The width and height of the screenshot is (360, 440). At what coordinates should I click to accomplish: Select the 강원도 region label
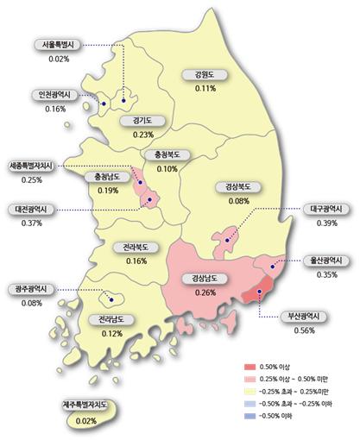coord(205,75)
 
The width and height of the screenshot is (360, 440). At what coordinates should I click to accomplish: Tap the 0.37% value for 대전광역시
coord(30,223)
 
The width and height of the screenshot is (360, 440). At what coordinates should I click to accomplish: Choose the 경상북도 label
coord(232,187)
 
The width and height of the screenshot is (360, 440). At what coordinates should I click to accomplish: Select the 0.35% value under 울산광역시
coord(327,274)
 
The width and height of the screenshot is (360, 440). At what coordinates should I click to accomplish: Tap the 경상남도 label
coord(205,279)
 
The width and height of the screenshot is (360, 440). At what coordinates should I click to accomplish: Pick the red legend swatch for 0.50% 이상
coord(251,367)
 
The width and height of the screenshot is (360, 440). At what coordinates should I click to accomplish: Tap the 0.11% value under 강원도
coord(205,89)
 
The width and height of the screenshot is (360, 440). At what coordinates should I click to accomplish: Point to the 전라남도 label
coord(108,319)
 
